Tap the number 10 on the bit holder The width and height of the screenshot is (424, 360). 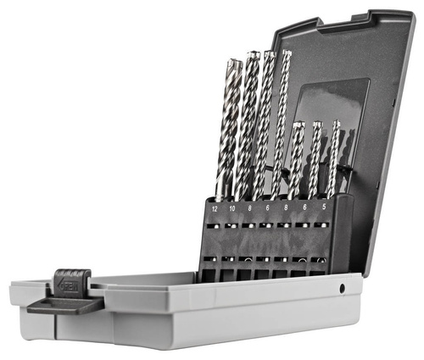click(232, 207)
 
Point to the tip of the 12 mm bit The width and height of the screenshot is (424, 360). click(233, 62)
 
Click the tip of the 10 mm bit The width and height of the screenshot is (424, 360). click(253, 56)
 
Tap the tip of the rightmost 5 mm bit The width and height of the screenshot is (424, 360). click(336, 125)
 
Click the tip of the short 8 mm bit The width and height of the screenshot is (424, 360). click(298, 126)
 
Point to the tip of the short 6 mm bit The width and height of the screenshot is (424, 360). click(317, 125)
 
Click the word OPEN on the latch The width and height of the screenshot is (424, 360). click(69, 286)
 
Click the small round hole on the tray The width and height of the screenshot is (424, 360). click(342, 288)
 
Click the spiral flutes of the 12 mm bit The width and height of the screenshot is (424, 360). click(227, 127)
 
